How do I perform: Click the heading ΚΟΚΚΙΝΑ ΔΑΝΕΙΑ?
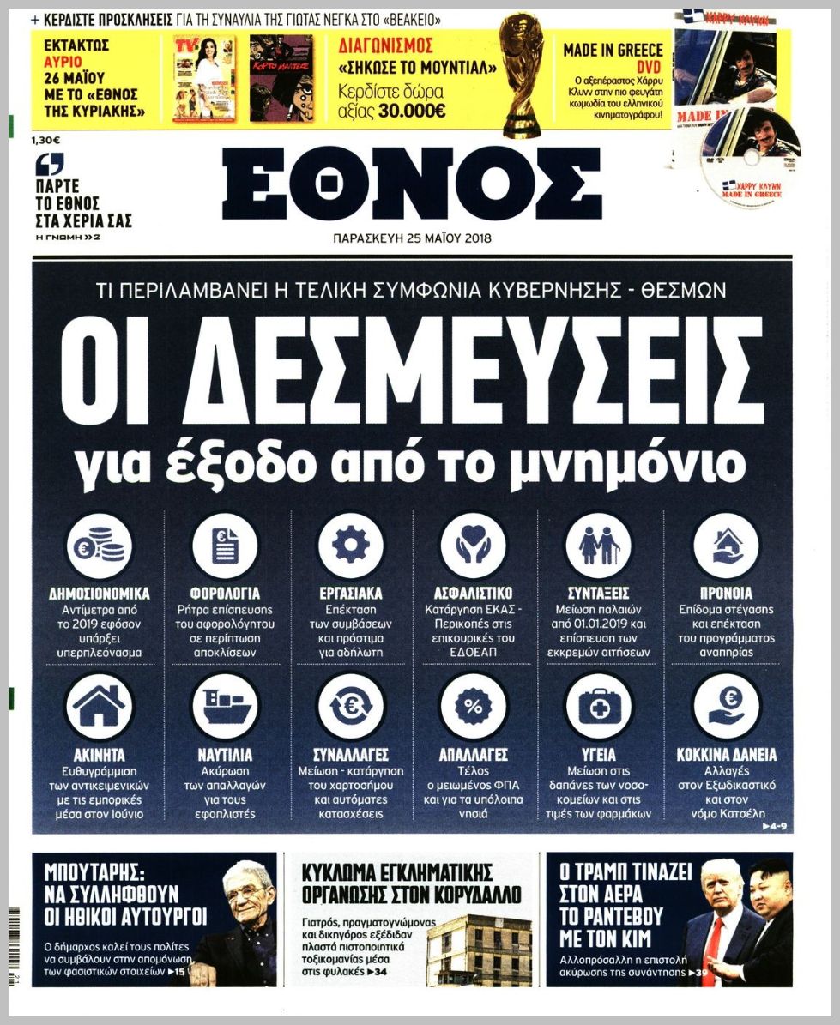coord(726,756)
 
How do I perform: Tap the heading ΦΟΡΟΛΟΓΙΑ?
coord(225,593)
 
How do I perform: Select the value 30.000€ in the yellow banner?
coord(414,111)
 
